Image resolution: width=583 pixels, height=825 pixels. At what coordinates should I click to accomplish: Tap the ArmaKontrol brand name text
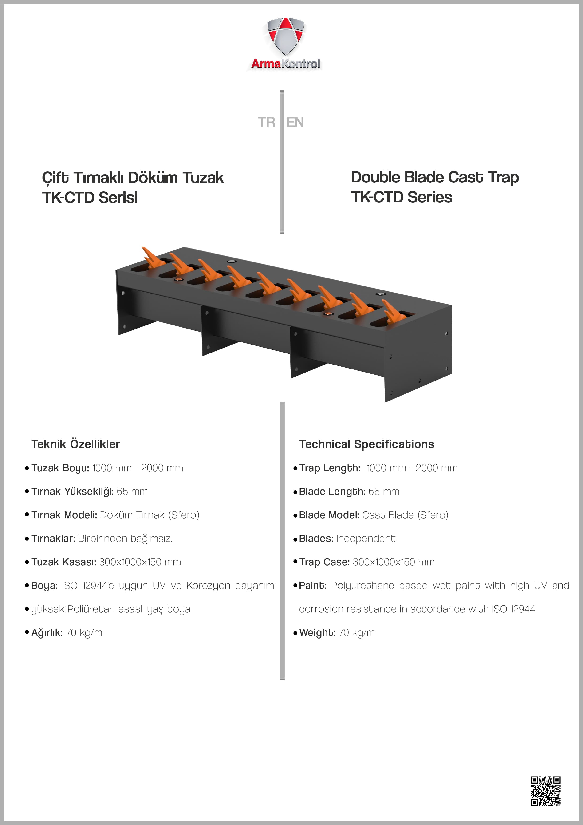pyautogui.click(x=286, y=64)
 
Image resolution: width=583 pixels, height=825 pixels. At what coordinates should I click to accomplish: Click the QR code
pyautogui.click(x=545, y=791)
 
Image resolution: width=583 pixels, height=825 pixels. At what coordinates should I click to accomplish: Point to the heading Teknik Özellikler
pyautogui.click(x=75, y=444)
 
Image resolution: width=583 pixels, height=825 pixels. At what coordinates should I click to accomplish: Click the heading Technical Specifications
pyautogui.click(x=366, y=444)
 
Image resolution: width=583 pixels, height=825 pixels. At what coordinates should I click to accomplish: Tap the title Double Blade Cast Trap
pyautogui.click(x=435, y=178)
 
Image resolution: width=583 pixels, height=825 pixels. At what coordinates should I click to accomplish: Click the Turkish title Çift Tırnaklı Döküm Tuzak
pyautogui.click(x=133, y=178)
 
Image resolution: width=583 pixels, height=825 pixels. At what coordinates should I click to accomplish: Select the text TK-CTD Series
pyautogui.click(x=401, y=197)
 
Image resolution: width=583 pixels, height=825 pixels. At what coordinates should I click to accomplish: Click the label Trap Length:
pyautogui.click(x=329, y=468)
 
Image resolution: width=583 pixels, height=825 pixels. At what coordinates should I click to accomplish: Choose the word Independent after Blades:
pyautogui.click(x=366, y=538)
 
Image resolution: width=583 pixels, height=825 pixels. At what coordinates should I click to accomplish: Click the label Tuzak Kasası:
pyautogui.click(x=63, y=562)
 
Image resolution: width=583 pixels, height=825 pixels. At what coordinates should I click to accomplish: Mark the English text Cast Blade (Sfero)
pyautogui.click(x=405, y=515)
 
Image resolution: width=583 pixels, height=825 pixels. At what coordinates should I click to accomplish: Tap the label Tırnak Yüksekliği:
pyautogui.click(x=72, y=492)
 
